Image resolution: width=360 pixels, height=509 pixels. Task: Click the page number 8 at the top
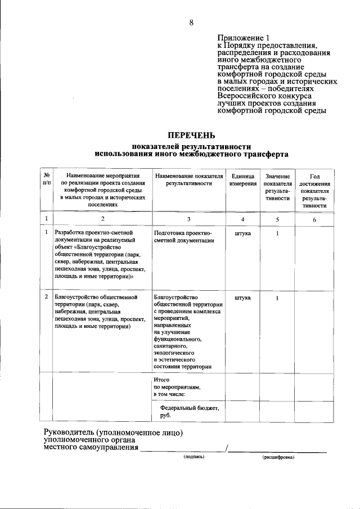(x=191, y=22)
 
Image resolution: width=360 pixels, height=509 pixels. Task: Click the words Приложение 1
(x=240, y=38)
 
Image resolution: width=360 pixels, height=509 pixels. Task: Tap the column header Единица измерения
(x=242, y=180)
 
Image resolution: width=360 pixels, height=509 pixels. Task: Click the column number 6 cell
(x=314, y=219)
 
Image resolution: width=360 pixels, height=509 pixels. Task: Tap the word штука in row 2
(x=242, y=297)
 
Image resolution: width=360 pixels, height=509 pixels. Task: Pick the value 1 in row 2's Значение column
(x=277, y=297)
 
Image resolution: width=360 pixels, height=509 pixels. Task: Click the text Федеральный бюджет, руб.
(x=188, y=412)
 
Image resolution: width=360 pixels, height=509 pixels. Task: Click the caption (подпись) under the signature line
(x=193, y=457)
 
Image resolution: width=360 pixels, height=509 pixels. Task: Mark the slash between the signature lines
(x=226, y=448)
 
